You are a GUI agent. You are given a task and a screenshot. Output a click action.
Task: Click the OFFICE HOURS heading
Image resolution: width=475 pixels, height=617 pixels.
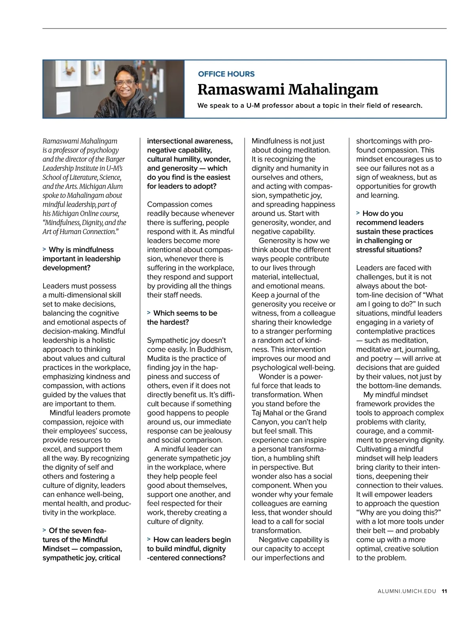pos(226,74)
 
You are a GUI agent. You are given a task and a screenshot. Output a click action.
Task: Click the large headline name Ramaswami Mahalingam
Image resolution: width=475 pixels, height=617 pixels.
pos(288,90)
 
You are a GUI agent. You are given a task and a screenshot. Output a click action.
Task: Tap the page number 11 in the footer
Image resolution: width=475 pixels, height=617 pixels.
pos(444,591)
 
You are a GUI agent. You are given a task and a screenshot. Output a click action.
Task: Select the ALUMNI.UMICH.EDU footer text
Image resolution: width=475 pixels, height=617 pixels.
pos(407,591)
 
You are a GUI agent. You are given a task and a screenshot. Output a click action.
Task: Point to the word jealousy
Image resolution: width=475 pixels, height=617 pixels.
pos(216,431)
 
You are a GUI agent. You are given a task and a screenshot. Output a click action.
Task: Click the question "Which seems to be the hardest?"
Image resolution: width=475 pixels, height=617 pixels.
pos(182,318)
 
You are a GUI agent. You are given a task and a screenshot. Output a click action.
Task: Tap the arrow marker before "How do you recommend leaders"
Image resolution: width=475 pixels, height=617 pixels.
pos(358,213)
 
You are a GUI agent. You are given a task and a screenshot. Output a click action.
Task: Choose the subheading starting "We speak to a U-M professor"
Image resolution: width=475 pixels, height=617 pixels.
pos(310,106)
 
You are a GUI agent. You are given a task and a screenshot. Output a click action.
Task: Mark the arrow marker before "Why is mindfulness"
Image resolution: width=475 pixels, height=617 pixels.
pos(44,249)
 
